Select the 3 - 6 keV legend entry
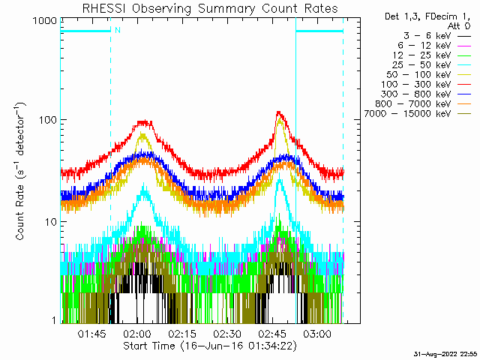[x=430, y=35]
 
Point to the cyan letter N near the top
[x=117, y=31]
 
